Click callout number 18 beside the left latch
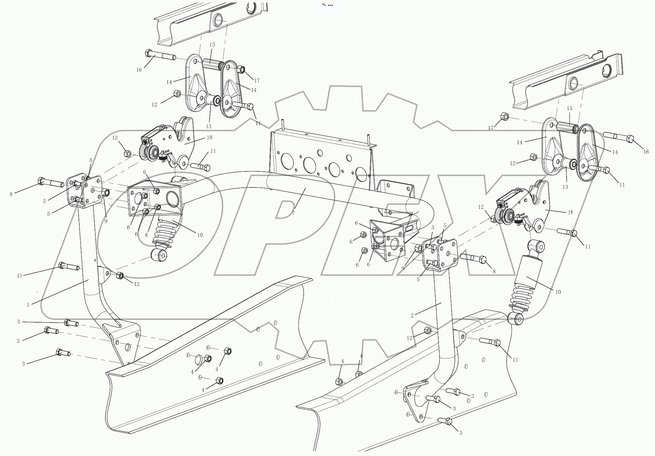(210, 138)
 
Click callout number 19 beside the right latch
(570, 212)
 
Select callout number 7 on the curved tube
(293, 213)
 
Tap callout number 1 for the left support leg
(28, 305)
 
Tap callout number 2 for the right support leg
(412, 315)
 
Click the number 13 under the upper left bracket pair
(209, 126)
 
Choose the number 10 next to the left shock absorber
(200, 235)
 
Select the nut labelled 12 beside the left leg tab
(120, 276)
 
